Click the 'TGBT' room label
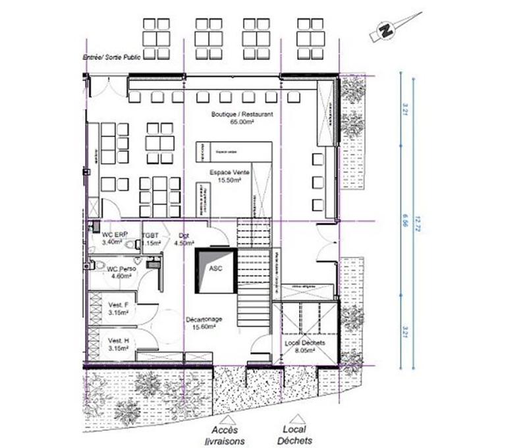click(x=150, y=235)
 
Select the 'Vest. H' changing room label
click(x=117, y=340)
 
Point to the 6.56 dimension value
click(x=402, y=221)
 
